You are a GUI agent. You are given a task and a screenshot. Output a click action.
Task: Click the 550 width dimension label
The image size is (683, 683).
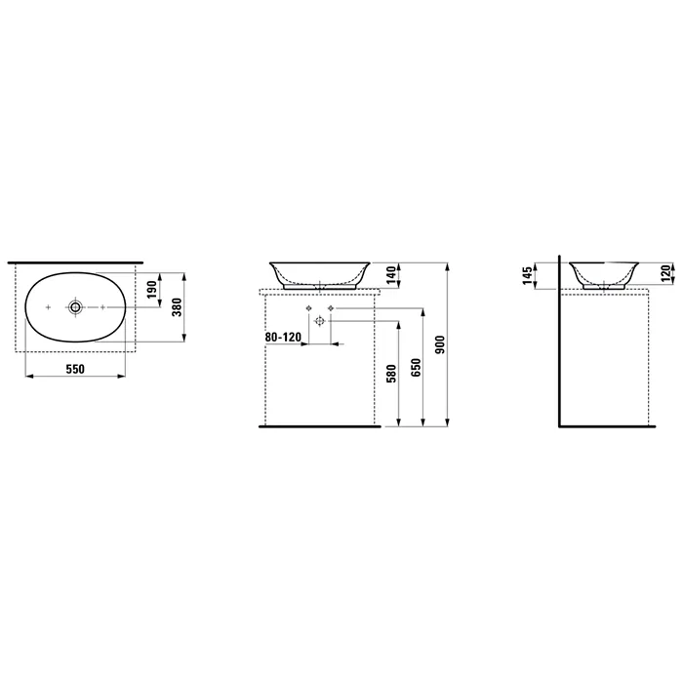coord(75,369)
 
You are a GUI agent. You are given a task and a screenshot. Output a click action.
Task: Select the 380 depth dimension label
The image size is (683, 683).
coord(177,307)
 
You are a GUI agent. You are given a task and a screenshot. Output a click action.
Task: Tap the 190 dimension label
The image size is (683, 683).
coord(152,290)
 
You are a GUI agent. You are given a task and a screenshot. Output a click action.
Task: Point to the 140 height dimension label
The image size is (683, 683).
coord(391,275)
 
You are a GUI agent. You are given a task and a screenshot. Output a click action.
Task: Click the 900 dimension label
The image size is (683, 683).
coord(440,344)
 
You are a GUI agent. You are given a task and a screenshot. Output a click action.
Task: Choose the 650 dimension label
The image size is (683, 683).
coord(416,367)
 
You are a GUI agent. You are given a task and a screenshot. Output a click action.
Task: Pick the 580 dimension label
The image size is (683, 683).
coord(391,374)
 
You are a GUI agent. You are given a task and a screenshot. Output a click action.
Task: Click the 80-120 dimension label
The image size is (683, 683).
coord(283,338)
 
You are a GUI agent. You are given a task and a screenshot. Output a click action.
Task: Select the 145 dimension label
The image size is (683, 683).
coord(527,276)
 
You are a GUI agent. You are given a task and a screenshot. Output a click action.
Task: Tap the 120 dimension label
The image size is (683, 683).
coord(666,273)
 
